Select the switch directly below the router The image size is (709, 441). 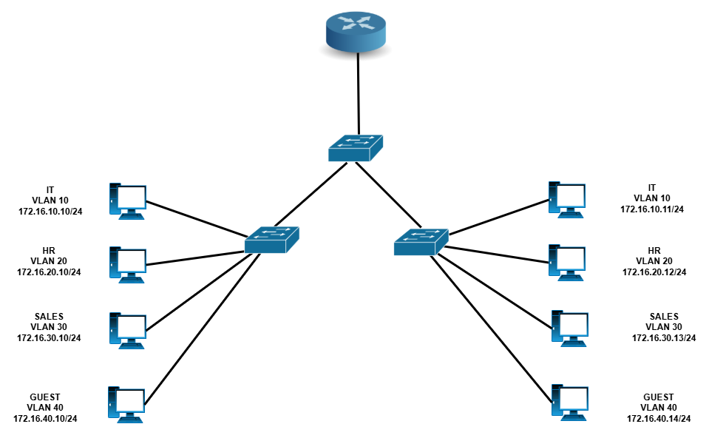[356, 147]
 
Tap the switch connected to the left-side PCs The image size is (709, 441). [272, 239]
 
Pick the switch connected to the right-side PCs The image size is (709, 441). [421, 242]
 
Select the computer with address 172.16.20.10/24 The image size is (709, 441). [127, 265]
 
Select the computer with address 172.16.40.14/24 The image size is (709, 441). [570, 403]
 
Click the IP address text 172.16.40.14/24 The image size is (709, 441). [659, 420]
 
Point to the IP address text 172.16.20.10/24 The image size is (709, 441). [49, 272]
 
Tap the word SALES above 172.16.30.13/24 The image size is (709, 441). [664, 316]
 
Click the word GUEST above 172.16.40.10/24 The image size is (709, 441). [45, 397]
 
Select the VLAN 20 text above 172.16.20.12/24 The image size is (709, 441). [654, 261]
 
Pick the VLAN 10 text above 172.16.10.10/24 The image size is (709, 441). [50, 201]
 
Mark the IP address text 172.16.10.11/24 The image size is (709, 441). [652, 209]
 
